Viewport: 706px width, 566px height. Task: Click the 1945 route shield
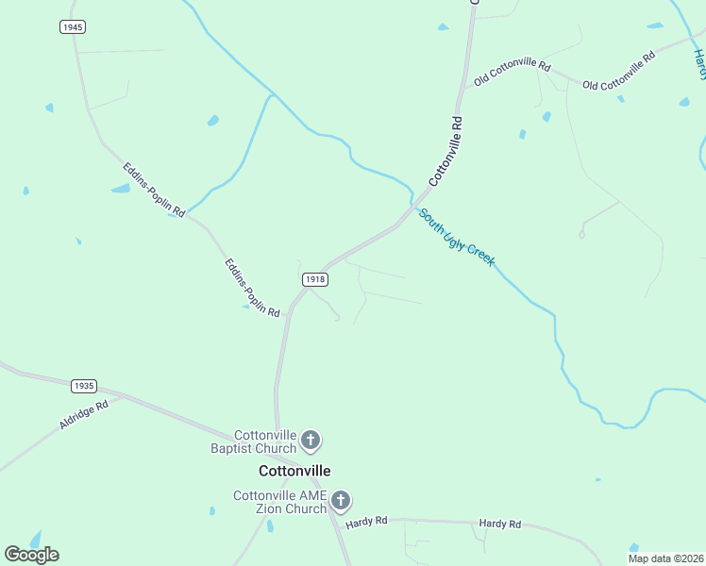click(x=73, y=27)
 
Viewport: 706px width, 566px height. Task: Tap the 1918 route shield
click(x=315, y=279)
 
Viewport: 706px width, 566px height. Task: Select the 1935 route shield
click(x=84, y=386)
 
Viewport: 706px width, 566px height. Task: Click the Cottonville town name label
click(x=294, y=471)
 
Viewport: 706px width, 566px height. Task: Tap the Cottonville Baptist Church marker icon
click(x=311, y=440)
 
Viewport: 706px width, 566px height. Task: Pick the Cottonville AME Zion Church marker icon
click(x=341, y=501)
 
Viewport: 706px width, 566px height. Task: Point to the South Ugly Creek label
click(x=457, y=237)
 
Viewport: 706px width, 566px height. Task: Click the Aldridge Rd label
click(x=84, y=415)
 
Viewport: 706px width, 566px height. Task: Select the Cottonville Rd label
click(x=446, y=150)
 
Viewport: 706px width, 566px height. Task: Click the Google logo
click(x=31, y=554)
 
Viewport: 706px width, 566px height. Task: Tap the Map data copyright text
click(x=666, y=558)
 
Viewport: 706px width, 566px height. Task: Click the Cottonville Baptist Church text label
click(x=252, y=441)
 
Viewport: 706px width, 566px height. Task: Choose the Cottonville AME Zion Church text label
click(x=280, y=502)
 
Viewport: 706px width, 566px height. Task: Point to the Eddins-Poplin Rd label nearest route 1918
click(x=252, y=288)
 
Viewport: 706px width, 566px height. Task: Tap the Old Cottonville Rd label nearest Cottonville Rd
click(x=512, y=72)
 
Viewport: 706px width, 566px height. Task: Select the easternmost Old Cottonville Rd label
click(x=619, y=72)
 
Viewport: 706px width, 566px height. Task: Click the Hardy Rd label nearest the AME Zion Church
click(x=366, y=521)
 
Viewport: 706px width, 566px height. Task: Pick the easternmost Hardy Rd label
click(x=499, y=524)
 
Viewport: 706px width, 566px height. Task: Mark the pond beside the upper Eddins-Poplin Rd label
click(x=121, y=189)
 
